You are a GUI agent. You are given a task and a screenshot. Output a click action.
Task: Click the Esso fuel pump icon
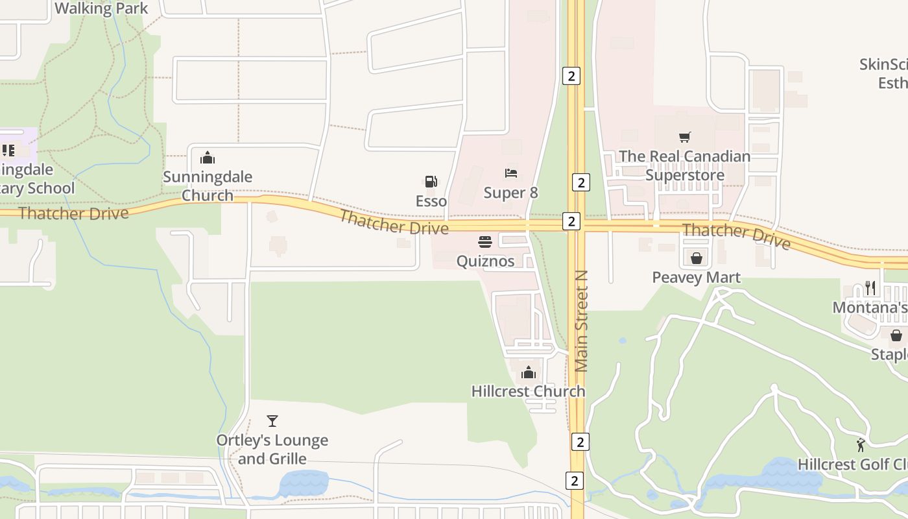(x=431, y=182)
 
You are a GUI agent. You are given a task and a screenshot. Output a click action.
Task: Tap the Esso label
(x=431, y=201)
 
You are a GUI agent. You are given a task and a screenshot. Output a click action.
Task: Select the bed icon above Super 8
(x=511, y=173)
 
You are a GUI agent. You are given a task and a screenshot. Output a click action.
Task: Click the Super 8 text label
(x=511, y=193)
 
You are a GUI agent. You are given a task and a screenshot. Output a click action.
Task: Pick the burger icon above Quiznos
(x=485, y=242)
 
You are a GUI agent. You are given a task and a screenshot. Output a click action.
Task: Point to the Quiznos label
(x=485, y=261)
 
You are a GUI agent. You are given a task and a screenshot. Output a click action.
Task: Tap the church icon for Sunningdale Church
(x=208, y=158)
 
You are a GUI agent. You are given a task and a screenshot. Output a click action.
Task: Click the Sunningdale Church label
(x=208, y=186)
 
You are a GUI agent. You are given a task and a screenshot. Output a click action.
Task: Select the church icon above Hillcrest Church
(x=529, y=372)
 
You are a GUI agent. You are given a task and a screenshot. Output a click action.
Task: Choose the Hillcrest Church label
(x=529, y=391)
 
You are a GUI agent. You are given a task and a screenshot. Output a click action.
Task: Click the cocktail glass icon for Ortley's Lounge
(x=272, y=421)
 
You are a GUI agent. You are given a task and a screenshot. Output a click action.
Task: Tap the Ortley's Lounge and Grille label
(x=272, y=449)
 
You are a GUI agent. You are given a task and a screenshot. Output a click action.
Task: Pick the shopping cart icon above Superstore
(x=685, y=137)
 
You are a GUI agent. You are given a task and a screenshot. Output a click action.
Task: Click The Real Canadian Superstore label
(x=685, y=165)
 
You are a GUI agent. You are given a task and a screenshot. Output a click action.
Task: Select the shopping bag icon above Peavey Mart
(x=697, y=259)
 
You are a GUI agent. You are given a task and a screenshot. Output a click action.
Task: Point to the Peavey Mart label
(x=697, y=278)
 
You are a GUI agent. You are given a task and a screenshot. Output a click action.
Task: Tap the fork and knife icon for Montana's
(x=870, y=288)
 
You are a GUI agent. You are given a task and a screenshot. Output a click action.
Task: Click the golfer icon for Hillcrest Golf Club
(x=861, y=445)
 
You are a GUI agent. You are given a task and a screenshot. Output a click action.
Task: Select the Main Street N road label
(x=581, y=321)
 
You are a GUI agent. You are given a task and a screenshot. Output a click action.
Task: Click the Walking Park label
(x=102, y=8)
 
